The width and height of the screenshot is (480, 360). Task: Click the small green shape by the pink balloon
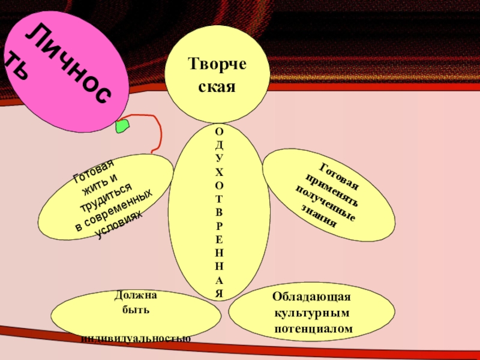(122, 126)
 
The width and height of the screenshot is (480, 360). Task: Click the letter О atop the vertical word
(219, 131)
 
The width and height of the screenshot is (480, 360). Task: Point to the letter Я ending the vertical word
(219, 293)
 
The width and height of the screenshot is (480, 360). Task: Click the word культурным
(311, 313)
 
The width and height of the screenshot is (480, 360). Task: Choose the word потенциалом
(313, 329)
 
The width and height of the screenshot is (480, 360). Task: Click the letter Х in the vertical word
(219, 172)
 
